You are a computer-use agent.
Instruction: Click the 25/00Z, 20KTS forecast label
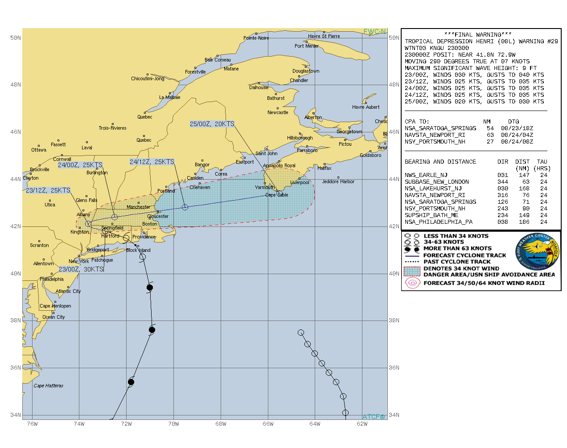[x=212, y=124]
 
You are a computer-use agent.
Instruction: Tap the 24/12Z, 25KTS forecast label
[x=152, y=162]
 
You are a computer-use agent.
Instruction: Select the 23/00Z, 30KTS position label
[x=81, y=269]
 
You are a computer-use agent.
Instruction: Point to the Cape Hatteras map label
[x=49, y=386]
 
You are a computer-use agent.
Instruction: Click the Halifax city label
[x=325, y=168]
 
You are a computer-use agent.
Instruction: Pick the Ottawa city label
[x=39, y=150]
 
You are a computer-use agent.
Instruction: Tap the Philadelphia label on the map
[x=52, y=279]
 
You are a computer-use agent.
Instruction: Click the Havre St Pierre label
[x=324, y=36]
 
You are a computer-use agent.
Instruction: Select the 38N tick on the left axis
[x=16, y=320]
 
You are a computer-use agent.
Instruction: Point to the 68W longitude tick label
[x=221, y=424]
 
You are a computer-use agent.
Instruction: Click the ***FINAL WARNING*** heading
[x=478, y=34]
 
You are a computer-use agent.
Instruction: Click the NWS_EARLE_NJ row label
[x=426, y=175]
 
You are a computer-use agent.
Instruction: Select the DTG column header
[x=513, y=121]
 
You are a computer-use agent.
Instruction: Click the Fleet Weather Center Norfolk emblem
[x=537, y=252]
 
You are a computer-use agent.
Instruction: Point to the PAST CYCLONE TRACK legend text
[x=457, y=262]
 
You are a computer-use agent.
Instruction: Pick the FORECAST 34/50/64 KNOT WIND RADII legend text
[x=484, y=283]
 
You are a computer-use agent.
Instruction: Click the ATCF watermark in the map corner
[x=374, y=417]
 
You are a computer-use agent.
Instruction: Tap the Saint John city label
[x=266, y=153]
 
